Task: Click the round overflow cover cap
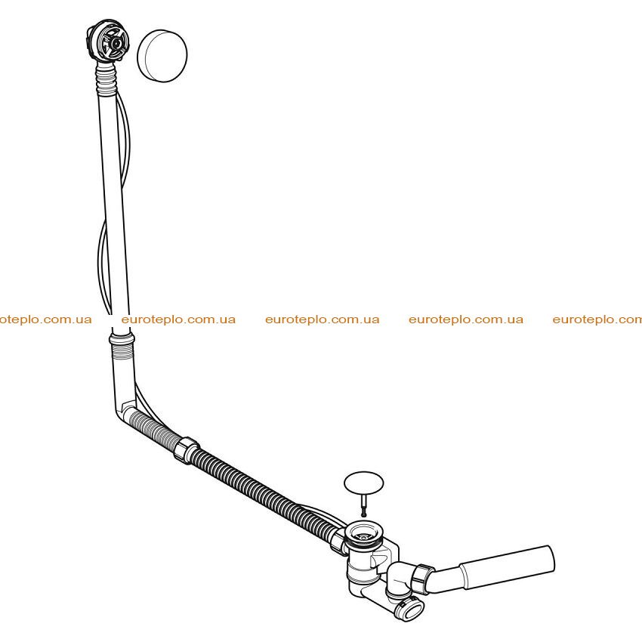[162, 56]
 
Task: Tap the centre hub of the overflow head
[117, 43]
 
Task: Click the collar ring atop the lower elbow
[122, 338]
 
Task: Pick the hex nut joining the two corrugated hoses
[186, 449]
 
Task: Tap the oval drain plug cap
[363, 483]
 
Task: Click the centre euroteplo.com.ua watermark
[323, 319]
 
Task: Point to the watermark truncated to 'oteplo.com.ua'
[46, 319]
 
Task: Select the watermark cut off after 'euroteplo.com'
[597, 319]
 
